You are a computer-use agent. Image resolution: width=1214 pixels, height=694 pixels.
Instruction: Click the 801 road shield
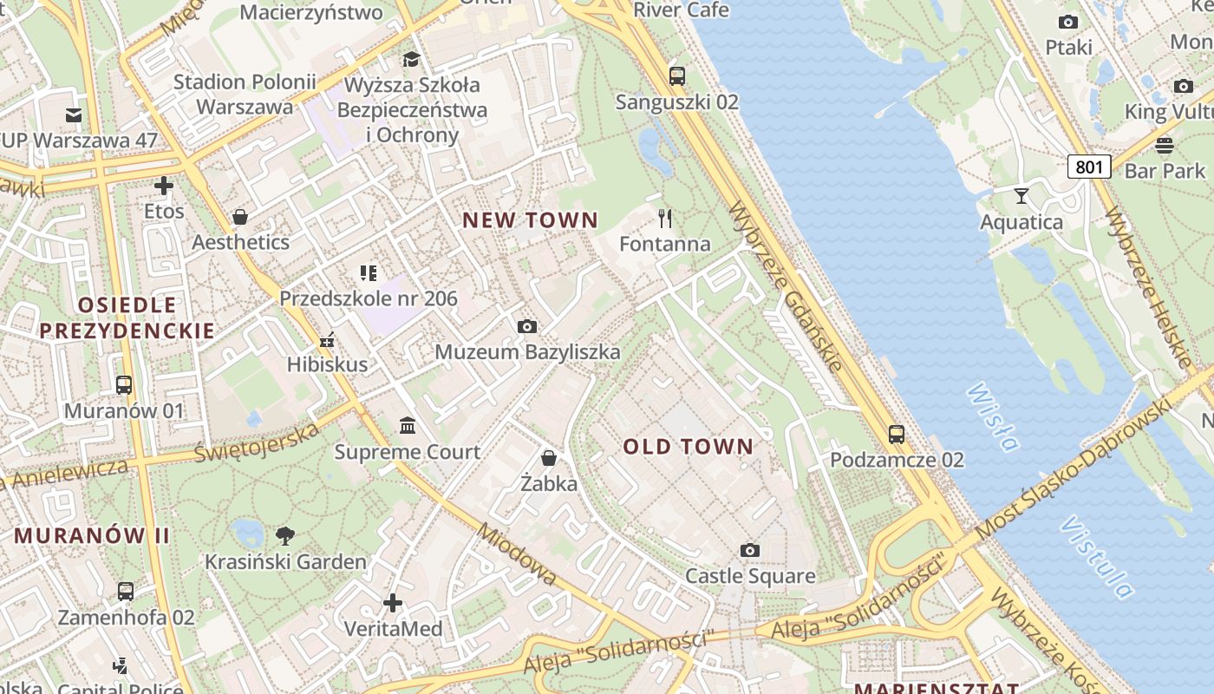pos(1089,166)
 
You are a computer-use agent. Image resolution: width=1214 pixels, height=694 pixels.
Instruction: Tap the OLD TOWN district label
pos(689,447)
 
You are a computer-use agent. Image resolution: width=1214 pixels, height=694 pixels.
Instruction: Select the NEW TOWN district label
pos(530,220)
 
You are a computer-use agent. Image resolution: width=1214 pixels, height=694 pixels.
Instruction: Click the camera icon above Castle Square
pos(750,550)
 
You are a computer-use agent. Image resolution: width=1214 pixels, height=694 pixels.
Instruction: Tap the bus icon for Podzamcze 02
pos(897,434)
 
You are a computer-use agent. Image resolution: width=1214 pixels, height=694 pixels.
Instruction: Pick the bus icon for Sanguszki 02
pos(677,75)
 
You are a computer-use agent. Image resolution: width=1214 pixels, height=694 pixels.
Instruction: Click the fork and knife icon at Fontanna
pos(665,218)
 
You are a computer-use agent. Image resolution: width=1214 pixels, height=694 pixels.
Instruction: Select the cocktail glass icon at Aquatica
pos(1021,196)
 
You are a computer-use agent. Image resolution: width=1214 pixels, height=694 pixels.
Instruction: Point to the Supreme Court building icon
pos(408,425)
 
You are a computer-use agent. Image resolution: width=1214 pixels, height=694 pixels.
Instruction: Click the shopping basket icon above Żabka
pos(549,457)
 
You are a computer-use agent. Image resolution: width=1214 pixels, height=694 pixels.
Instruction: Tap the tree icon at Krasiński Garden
pos(284,535)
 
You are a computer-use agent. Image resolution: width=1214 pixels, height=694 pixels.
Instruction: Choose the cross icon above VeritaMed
pos(393,602)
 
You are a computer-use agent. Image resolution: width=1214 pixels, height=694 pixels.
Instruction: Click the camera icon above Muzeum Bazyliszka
pos(526,326)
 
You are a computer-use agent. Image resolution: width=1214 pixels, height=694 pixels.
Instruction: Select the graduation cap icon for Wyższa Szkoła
pos(411,59)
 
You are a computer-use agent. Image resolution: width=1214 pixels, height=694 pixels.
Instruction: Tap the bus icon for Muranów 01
pos(124,384)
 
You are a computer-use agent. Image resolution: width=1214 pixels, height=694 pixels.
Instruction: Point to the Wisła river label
pos(993,417)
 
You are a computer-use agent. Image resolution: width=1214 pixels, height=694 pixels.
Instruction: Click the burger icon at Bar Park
pos(1165,144)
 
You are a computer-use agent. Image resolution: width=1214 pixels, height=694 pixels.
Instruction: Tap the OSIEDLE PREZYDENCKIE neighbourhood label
pos(127,318)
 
